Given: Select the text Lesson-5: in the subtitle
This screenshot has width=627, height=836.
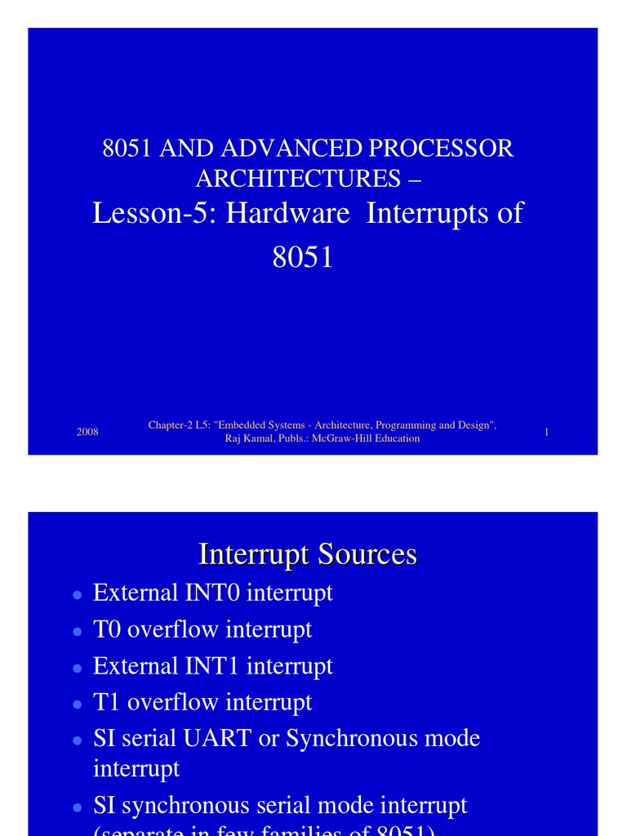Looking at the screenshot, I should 155,213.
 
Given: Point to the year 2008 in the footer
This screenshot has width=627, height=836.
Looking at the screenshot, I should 87,432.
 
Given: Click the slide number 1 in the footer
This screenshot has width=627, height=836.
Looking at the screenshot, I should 546,432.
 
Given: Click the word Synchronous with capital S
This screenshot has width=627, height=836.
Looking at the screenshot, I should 343,739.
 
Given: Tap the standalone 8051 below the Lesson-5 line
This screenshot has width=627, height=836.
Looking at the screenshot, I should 302,258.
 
